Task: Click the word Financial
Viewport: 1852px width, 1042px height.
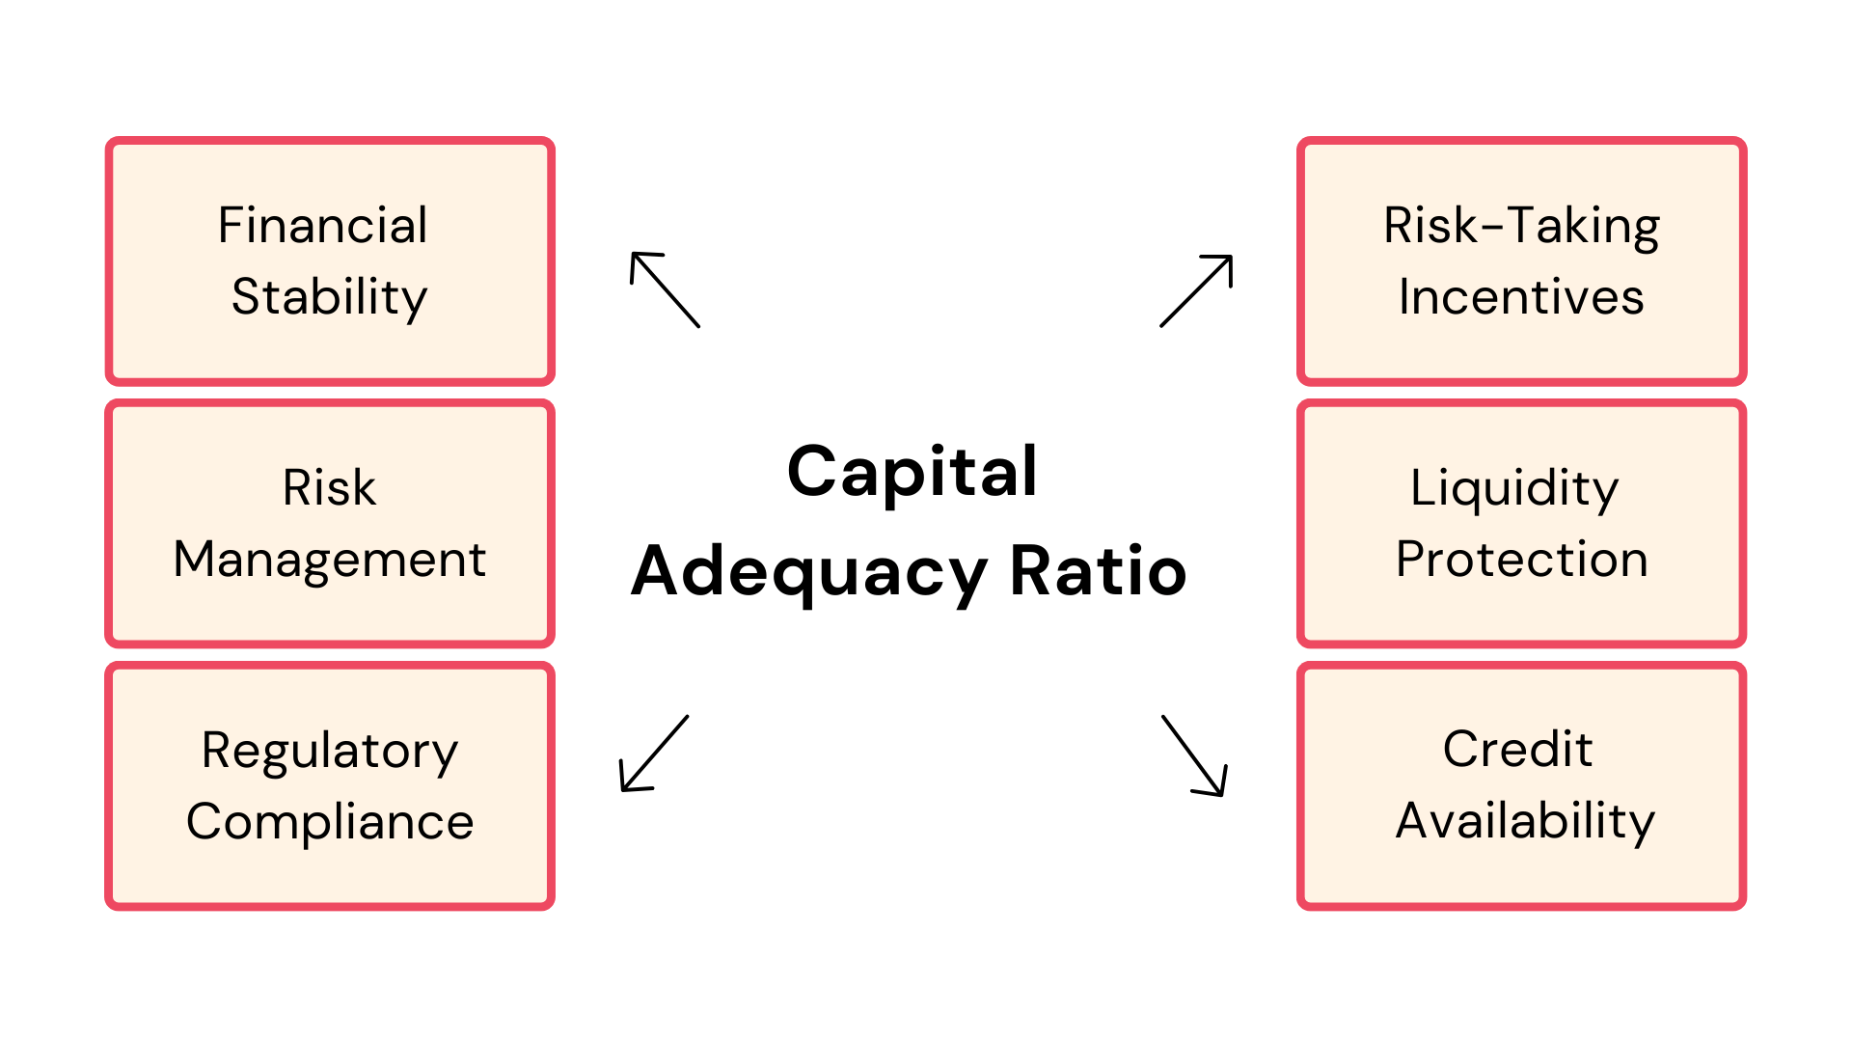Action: [x=322, y=225]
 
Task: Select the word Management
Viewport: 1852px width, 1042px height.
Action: [x=330, y=561]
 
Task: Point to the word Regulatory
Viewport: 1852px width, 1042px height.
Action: [x=330, y=752]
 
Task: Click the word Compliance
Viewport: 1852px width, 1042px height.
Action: [x=330, y=822]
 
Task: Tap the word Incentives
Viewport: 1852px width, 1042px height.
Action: [x=1521, y=296]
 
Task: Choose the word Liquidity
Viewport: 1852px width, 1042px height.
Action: [x=1514, y=489]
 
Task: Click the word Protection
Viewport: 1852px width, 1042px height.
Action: [x=1522, y=559]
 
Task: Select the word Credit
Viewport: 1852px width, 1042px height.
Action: [x=1517, y=749]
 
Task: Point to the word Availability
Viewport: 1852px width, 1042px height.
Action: [x=1525, y=822]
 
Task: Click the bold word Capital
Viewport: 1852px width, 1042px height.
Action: [x=912, y=474]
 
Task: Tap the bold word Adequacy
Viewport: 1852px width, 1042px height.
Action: [x=808, y=574]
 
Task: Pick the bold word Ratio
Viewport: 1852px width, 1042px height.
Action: [x=1098, y=571]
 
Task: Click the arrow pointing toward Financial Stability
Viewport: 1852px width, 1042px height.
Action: [x=665, y=289]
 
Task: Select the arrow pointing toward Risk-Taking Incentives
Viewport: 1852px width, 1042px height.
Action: [x=1196, y=290]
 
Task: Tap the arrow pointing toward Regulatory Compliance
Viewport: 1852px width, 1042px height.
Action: [x=654, y=754]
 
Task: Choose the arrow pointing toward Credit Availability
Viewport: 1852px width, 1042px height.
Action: [x=1194, y=755]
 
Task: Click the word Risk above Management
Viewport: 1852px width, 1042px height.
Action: [x=329, y=487]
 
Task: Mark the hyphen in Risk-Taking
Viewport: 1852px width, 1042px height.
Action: [x=1491, y=229]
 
